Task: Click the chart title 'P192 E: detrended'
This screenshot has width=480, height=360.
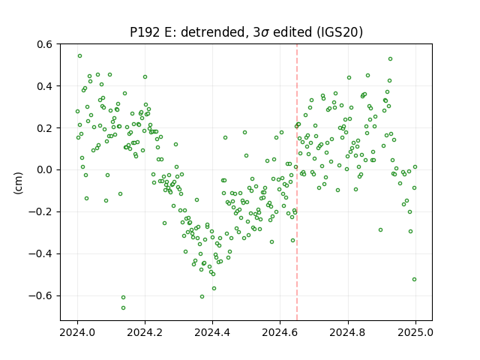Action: coord(189,32)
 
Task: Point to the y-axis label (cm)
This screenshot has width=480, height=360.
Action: coord(18,183)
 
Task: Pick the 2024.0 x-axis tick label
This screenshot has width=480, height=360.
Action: coord(77,332)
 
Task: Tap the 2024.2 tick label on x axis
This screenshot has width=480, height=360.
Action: coord(145,332)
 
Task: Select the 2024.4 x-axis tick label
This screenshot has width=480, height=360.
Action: coord(212,332)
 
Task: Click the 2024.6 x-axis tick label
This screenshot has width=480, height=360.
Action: coord(280,332)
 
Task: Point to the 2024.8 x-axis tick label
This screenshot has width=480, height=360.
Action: coord(348,332)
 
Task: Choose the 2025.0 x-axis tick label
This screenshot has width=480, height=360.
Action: coord(415,332)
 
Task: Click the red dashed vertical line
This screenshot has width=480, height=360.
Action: coord(297,182)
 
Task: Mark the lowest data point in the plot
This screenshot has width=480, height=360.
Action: coord(123,308)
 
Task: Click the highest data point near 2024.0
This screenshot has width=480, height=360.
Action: coord(80,56)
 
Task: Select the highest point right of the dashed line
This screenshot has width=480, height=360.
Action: coord(390,58)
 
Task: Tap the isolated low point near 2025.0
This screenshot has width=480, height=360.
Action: coord(415,280)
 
